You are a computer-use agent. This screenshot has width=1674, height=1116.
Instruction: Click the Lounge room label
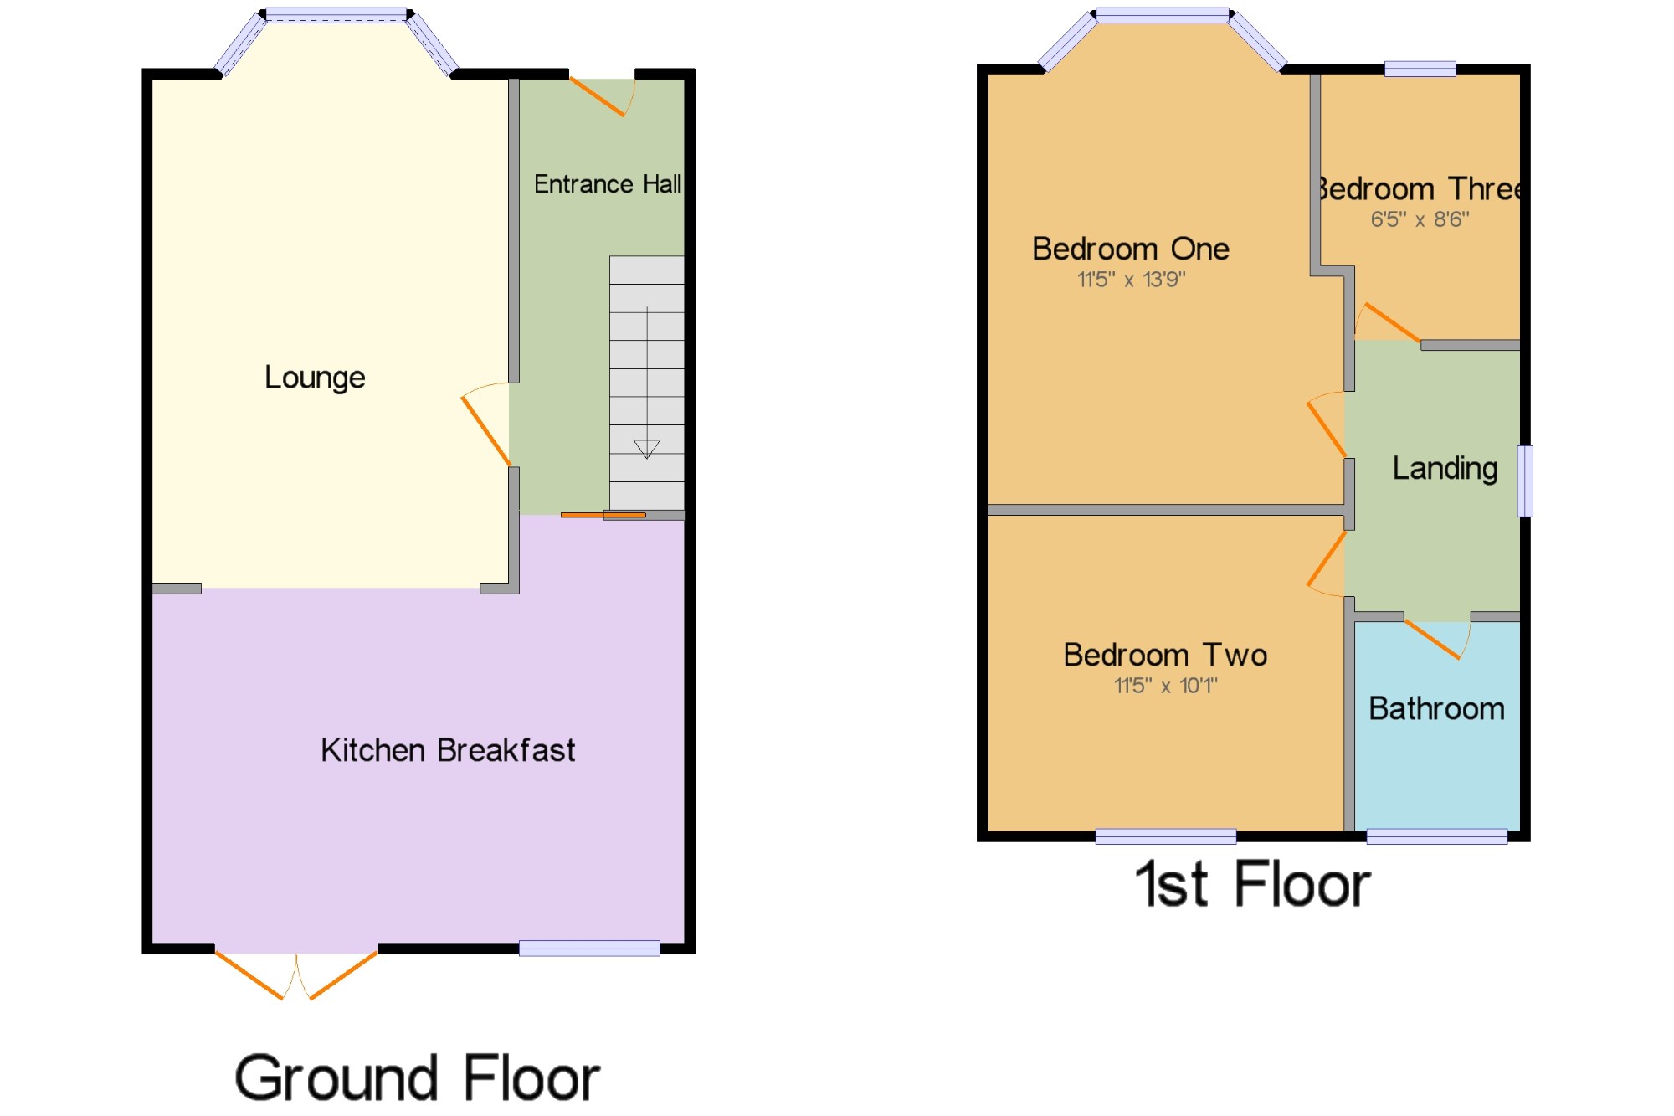pyautogui.click(x=315, y=378)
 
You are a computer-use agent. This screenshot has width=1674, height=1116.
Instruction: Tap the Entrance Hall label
pyautogui.click(x=608, y=184)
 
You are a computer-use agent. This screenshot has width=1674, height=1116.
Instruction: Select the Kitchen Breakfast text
pyautogui.click(x=448, y=750)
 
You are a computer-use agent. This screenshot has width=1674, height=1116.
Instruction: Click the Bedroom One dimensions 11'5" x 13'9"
pyautogui.click(x=1131, y=280)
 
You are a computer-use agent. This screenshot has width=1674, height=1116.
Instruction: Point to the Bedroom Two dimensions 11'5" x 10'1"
pyautogui.click(x=1165, y=686)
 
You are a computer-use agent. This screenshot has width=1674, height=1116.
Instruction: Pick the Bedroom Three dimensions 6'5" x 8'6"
pyautogui.click(x=1420, y=219)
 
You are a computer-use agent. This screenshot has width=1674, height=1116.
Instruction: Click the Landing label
pyautogui.click(x=1445, y=468)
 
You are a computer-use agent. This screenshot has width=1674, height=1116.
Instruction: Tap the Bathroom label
pyautogui.click(x=1436, y=709)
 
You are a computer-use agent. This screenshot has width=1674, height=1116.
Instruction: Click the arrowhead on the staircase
pyautogui.click(x=646, y=449)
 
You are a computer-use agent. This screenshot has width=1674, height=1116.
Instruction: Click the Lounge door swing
pyautogui.click(x=486, y=424)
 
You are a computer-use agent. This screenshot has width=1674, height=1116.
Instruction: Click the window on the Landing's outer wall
pyautogui.click(x=1526, y=481)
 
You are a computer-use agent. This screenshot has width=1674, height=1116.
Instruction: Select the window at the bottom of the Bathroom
pyautogui.click(x=1437, y=836)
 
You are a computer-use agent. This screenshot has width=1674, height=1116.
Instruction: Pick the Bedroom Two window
pyautogui.click(x=1166, y=836)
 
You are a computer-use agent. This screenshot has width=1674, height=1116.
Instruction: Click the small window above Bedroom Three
pyautogui.click(x=1420, y=69)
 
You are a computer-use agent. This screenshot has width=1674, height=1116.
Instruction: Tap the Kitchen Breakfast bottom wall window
pyautogui.click(x=589, y=948)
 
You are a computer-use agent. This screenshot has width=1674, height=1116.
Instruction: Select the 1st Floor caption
pyautogui.click(x=1253, y=884)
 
